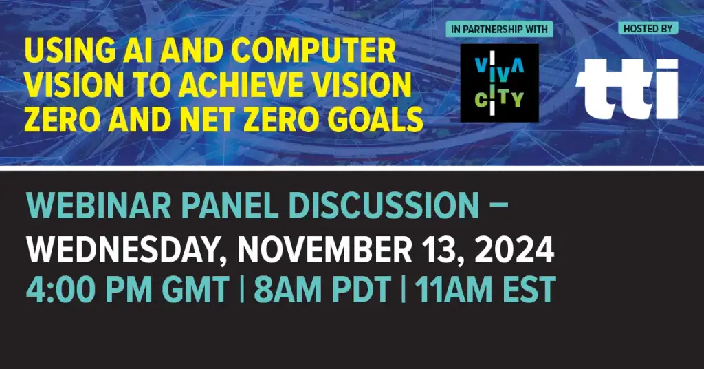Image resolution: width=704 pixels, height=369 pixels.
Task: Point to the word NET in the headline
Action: [x=207, y=119]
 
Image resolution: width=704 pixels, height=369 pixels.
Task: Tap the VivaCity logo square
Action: [x=500, y=83]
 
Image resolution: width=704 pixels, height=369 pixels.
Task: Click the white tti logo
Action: [x=626, y=89]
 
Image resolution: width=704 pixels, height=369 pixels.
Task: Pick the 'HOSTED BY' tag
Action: [x=648, y=29]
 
